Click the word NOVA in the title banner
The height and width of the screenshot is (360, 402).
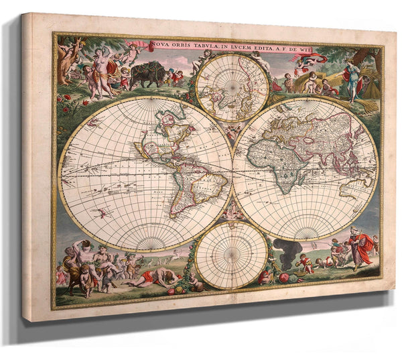click(x=159, y=45)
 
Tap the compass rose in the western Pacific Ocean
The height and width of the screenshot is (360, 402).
click(x=103, y=213)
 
